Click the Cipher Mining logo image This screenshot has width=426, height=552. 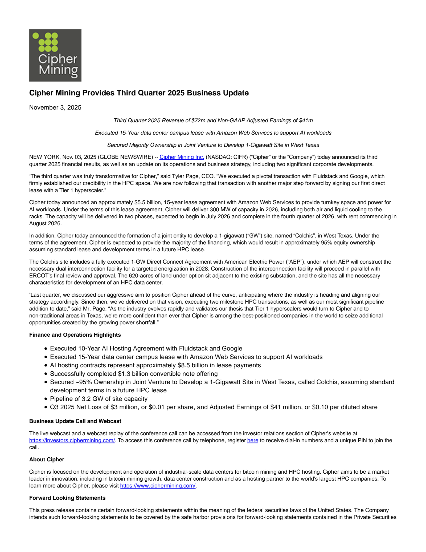[55, 55]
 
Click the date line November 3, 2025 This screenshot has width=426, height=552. [55, 107]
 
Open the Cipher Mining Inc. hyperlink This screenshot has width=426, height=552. [182, 157]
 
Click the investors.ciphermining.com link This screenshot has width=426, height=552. [72, 440]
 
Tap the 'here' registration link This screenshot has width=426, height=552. [252, 440]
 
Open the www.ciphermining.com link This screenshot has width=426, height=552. [158, 486]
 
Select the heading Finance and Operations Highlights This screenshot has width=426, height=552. [75, 335]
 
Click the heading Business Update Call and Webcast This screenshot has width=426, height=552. [75, 421]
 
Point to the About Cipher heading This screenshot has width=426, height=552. [47, 460]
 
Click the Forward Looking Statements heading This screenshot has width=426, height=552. [67, 498]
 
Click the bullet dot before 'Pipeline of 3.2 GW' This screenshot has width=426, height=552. [46, 399]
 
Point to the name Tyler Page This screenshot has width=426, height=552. [185, 176]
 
